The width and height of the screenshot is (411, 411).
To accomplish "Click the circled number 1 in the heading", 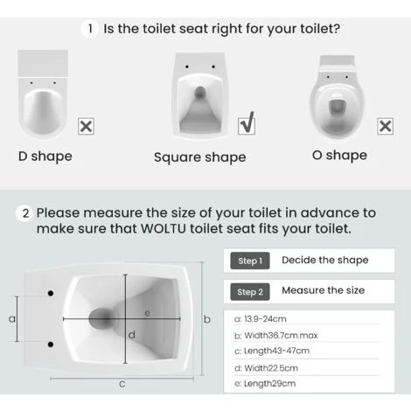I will (90, 29).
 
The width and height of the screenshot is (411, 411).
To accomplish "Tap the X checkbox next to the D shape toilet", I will (87, 127).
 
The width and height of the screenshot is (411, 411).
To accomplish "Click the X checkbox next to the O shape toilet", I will (384, 126).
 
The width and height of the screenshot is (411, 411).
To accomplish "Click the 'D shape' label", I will (45, 157).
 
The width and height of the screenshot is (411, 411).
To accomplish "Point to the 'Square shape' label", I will (199, 157).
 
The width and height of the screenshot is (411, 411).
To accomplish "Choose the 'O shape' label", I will (339, 156).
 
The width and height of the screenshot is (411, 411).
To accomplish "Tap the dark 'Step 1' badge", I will (249, 261).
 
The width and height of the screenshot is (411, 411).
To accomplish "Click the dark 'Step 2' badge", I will (249, 291).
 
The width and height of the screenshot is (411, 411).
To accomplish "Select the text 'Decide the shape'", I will (326, 260).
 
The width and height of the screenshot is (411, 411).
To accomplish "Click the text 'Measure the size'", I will (324, 290).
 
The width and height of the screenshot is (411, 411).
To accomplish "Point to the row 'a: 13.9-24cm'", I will (266, 319).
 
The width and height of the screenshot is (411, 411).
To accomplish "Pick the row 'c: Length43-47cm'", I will (272, 351).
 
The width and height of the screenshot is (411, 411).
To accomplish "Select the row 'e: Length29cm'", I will (266, 384).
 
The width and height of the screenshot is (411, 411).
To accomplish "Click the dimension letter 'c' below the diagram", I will (122, 383).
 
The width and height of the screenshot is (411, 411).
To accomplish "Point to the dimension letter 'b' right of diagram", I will (207, 320).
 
